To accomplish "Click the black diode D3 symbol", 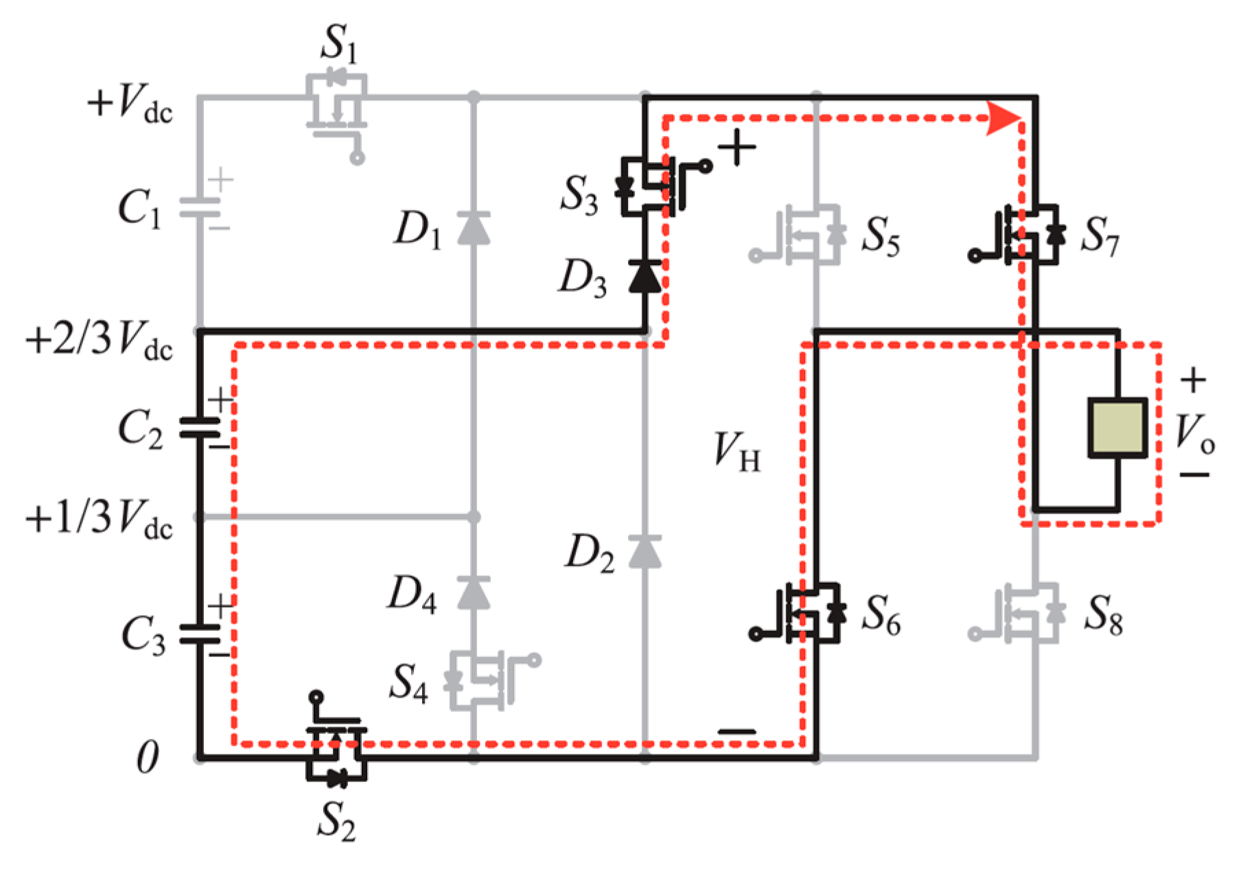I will (645, 277).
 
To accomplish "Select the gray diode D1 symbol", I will (474, 228).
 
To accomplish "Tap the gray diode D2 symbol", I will (645, 551).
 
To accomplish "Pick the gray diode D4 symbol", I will (474, 593).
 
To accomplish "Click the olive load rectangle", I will (1117, 427).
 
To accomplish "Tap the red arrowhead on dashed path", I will (1004, 118).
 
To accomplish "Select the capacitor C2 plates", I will (200, 427).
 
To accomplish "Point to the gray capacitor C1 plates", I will (200, 207).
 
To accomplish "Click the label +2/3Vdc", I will (100, 340).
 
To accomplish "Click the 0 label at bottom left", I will (147, 757).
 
